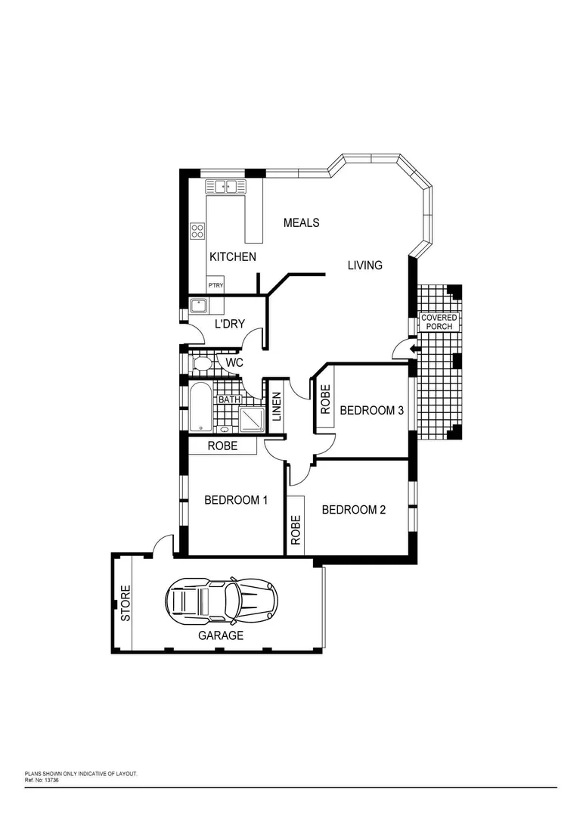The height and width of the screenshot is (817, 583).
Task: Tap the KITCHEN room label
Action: [232, 257]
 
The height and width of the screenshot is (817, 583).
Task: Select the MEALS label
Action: [301, 222]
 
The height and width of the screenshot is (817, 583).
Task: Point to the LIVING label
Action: [364, 266]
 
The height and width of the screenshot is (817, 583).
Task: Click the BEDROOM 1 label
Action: [235, 500]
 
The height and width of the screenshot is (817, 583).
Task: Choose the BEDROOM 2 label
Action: [354, 510]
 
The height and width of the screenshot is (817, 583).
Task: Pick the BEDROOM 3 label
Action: [371, 411]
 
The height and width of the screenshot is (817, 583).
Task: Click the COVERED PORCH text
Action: [439, 322]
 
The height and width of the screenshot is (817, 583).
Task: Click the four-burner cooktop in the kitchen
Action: [198, 230]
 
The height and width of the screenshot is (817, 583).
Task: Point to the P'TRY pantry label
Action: [216, 285]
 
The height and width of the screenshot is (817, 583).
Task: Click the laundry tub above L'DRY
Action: [199, 306]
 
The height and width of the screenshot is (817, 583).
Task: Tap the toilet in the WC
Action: [201, 365]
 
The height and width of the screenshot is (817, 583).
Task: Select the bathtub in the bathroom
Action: [200, 408]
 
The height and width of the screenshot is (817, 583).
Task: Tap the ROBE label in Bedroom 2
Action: [296, 530]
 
